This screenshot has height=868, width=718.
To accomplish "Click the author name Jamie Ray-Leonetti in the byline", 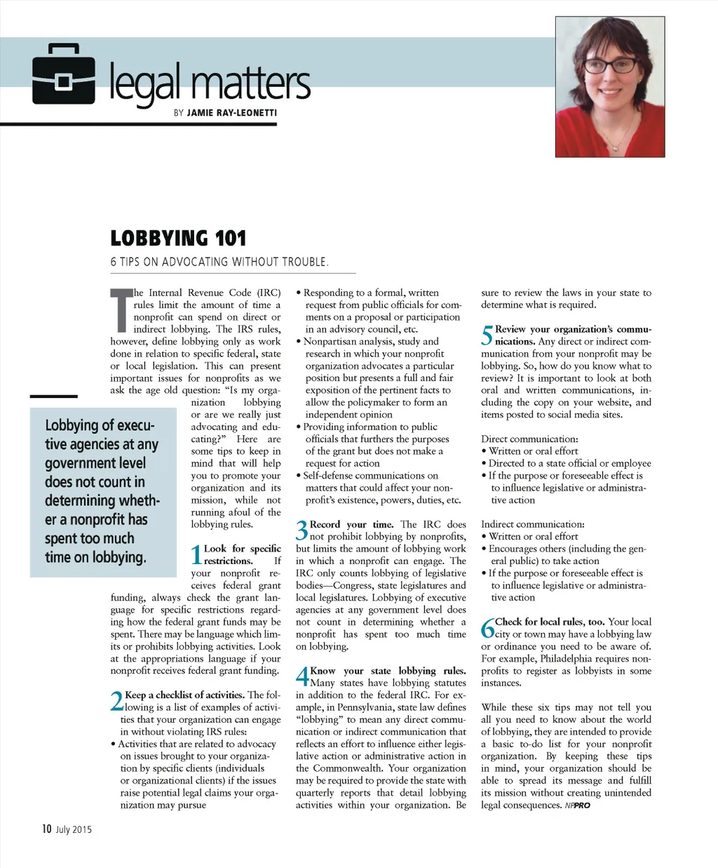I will click(x=232, y=113).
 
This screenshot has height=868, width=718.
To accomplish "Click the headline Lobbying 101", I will click(x=178, y=239).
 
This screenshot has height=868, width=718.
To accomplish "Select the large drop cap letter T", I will click(x=121, y=309).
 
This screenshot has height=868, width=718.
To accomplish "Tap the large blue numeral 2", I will click(x=116, y=702).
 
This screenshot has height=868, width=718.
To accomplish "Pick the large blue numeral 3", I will click(x=302, y=531).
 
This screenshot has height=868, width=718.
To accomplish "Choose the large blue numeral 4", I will click(x=302, y=678).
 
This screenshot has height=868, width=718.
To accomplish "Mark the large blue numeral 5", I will click(x=487, y=336).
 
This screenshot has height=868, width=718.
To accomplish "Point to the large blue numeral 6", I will click(x=487, y=629).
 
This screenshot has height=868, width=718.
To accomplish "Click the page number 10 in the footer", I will click(x=46, y=829).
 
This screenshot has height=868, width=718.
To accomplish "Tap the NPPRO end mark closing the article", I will click(x=577, y=806).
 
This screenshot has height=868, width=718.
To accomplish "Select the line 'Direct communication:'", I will click(x=529, y=439).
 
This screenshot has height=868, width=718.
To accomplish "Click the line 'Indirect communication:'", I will click(x=532, y=524).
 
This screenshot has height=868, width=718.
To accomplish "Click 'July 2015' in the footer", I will click(x=74, y=830).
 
